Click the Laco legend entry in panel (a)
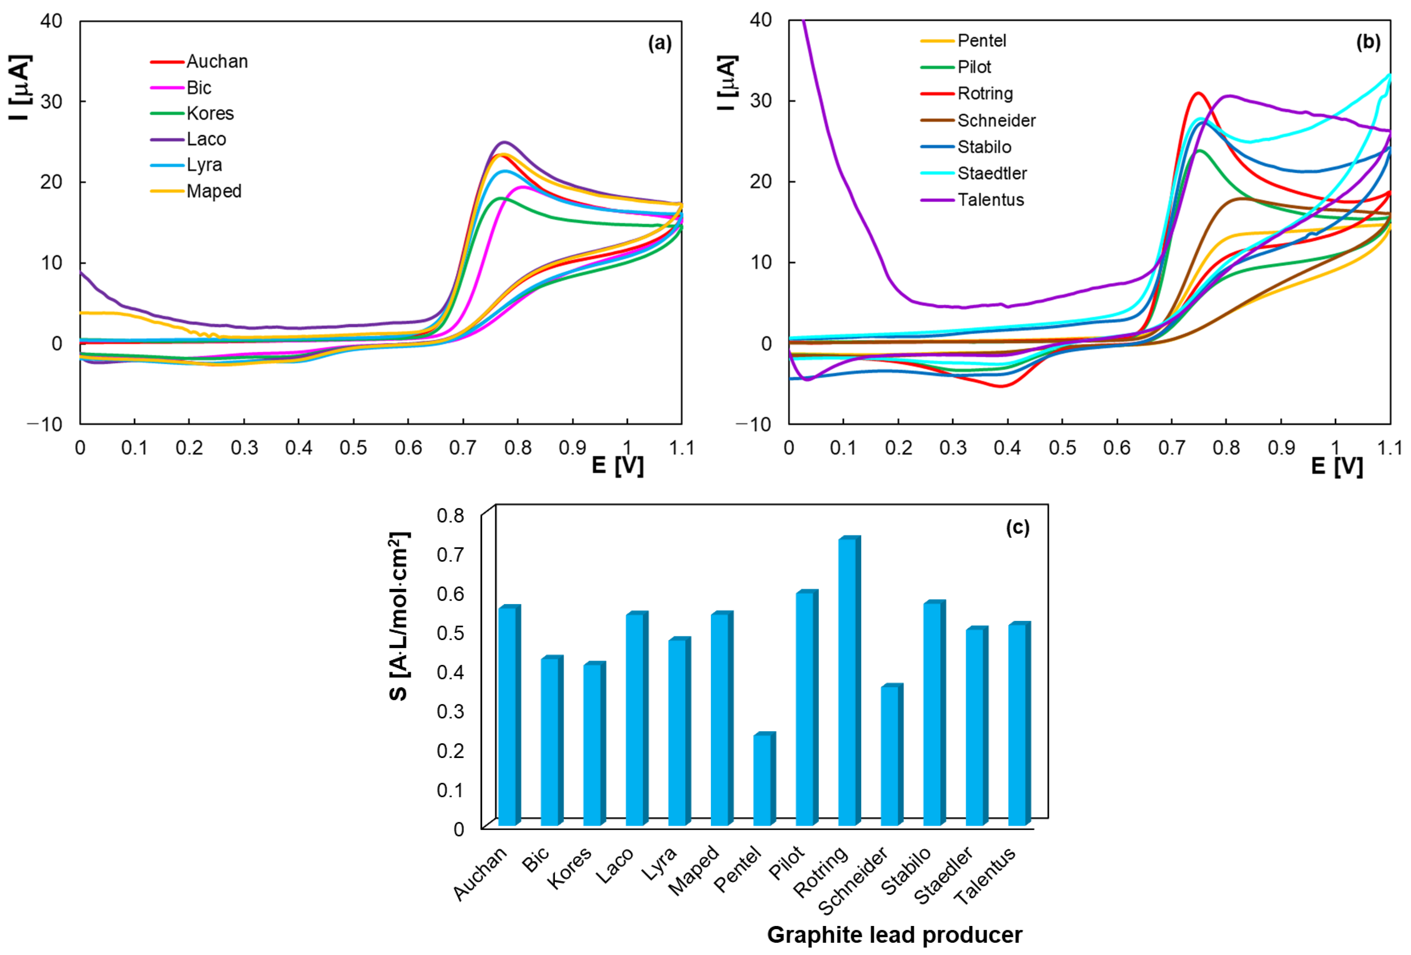206,139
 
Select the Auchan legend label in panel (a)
217,61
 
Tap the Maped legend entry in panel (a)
214,191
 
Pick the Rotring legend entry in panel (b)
985,94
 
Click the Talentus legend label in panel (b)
990,200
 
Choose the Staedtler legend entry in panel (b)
992,174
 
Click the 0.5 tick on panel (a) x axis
353,448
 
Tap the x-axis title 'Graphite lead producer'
894,934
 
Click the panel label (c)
1018,527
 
